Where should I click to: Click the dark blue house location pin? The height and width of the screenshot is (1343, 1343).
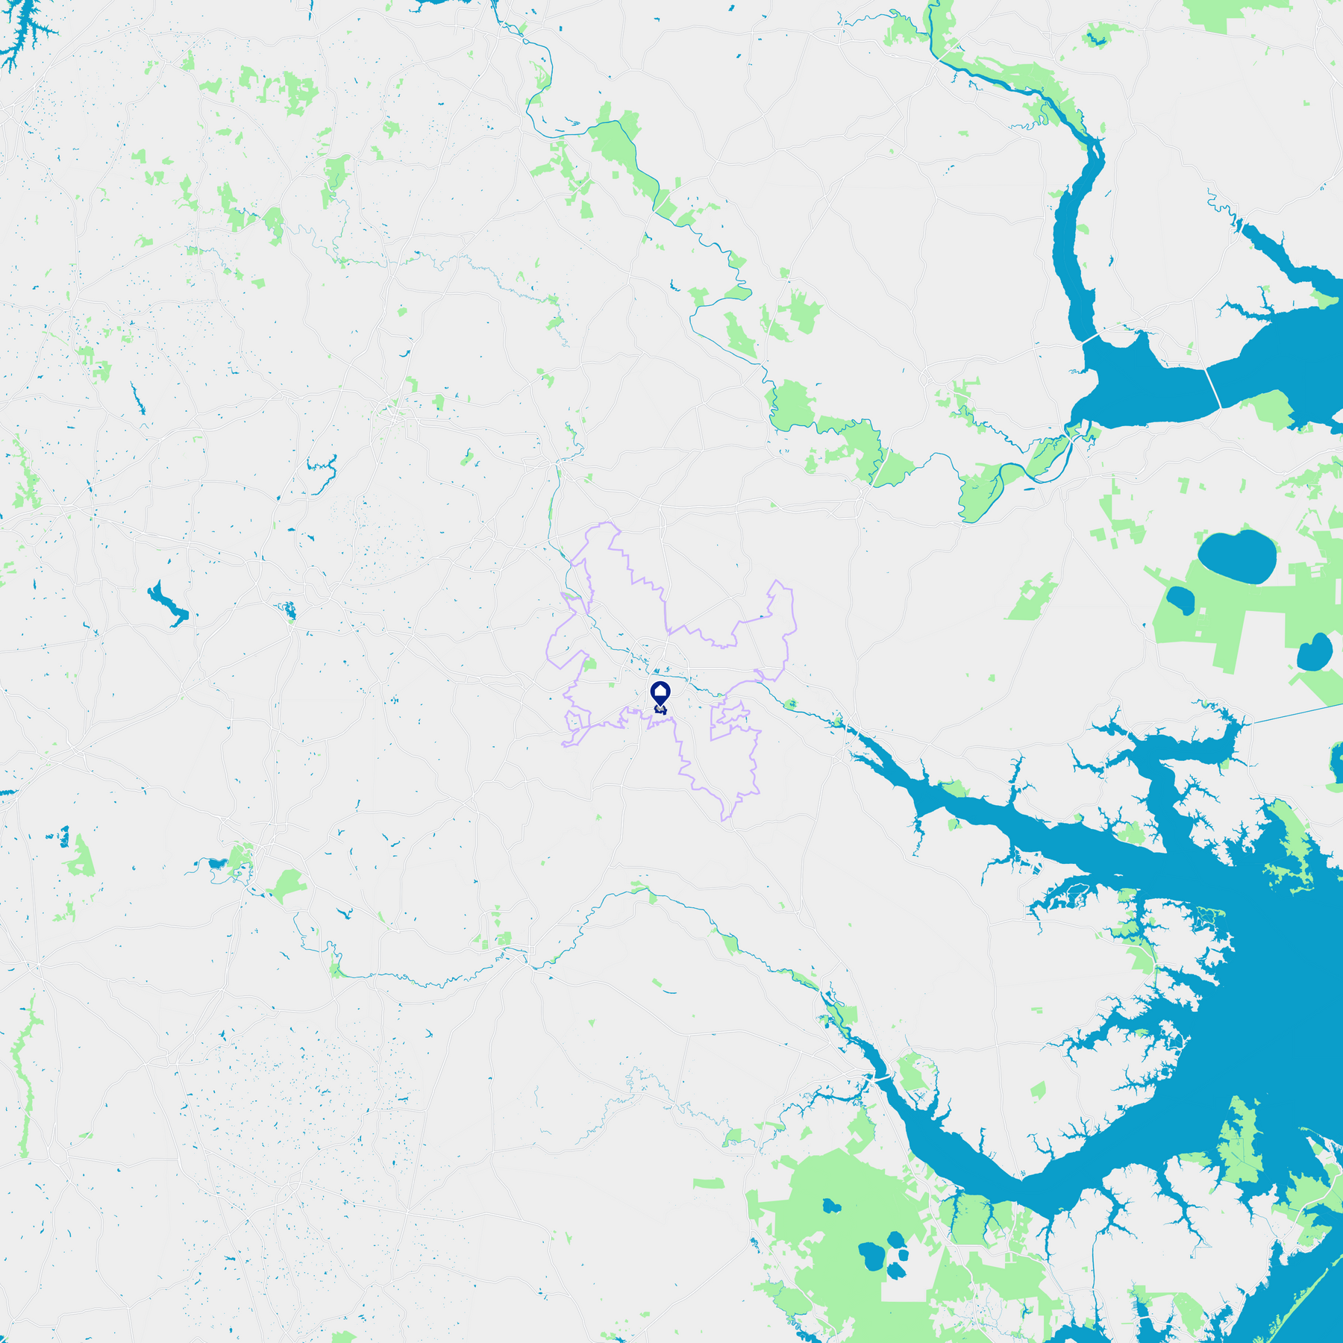660,694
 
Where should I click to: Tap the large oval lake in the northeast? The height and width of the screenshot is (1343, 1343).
1236,557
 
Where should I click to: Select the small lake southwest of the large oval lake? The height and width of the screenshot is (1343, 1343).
1180,600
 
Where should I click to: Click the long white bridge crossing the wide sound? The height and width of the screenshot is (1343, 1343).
1214,388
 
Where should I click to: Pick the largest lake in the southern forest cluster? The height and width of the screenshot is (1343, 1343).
871,1256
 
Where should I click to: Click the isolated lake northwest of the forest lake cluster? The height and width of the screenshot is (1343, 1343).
830,1206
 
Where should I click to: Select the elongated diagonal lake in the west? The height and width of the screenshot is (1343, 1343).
168,604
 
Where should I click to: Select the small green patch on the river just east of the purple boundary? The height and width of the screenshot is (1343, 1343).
790,704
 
